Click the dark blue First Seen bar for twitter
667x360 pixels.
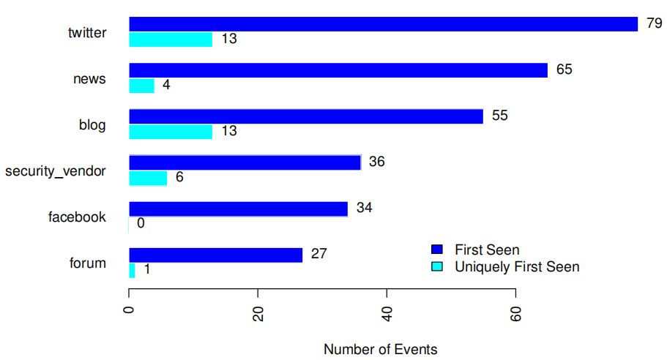(x=383, y=24)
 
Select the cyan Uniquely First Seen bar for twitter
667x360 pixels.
(x=171, y=40)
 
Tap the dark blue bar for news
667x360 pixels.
(x=338, y=70)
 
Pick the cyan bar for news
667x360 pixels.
(x=142, y=86)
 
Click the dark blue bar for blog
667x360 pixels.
(x=306, y=116)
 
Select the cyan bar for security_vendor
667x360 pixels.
(x=148, y=178)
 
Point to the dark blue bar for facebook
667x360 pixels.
(x=238, y=209)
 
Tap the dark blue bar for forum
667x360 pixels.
(x=216, y=255)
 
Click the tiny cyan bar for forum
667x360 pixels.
(x=132, y=270)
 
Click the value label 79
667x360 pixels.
(x=654, y=23)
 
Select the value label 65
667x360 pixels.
(x=564, y=70)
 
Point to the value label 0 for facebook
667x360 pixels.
(x=141, y=223)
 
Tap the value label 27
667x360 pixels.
(x=318, y=254)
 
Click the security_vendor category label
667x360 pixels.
(x=56, y=171)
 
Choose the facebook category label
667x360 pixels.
(x=77, y=217)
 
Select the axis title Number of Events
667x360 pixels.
(x=380, y=350)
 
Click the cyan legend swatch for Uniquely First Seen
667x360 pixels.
(x=438, y=267)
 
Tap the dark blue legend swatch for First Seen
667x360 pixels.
(x=438, y=250)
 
